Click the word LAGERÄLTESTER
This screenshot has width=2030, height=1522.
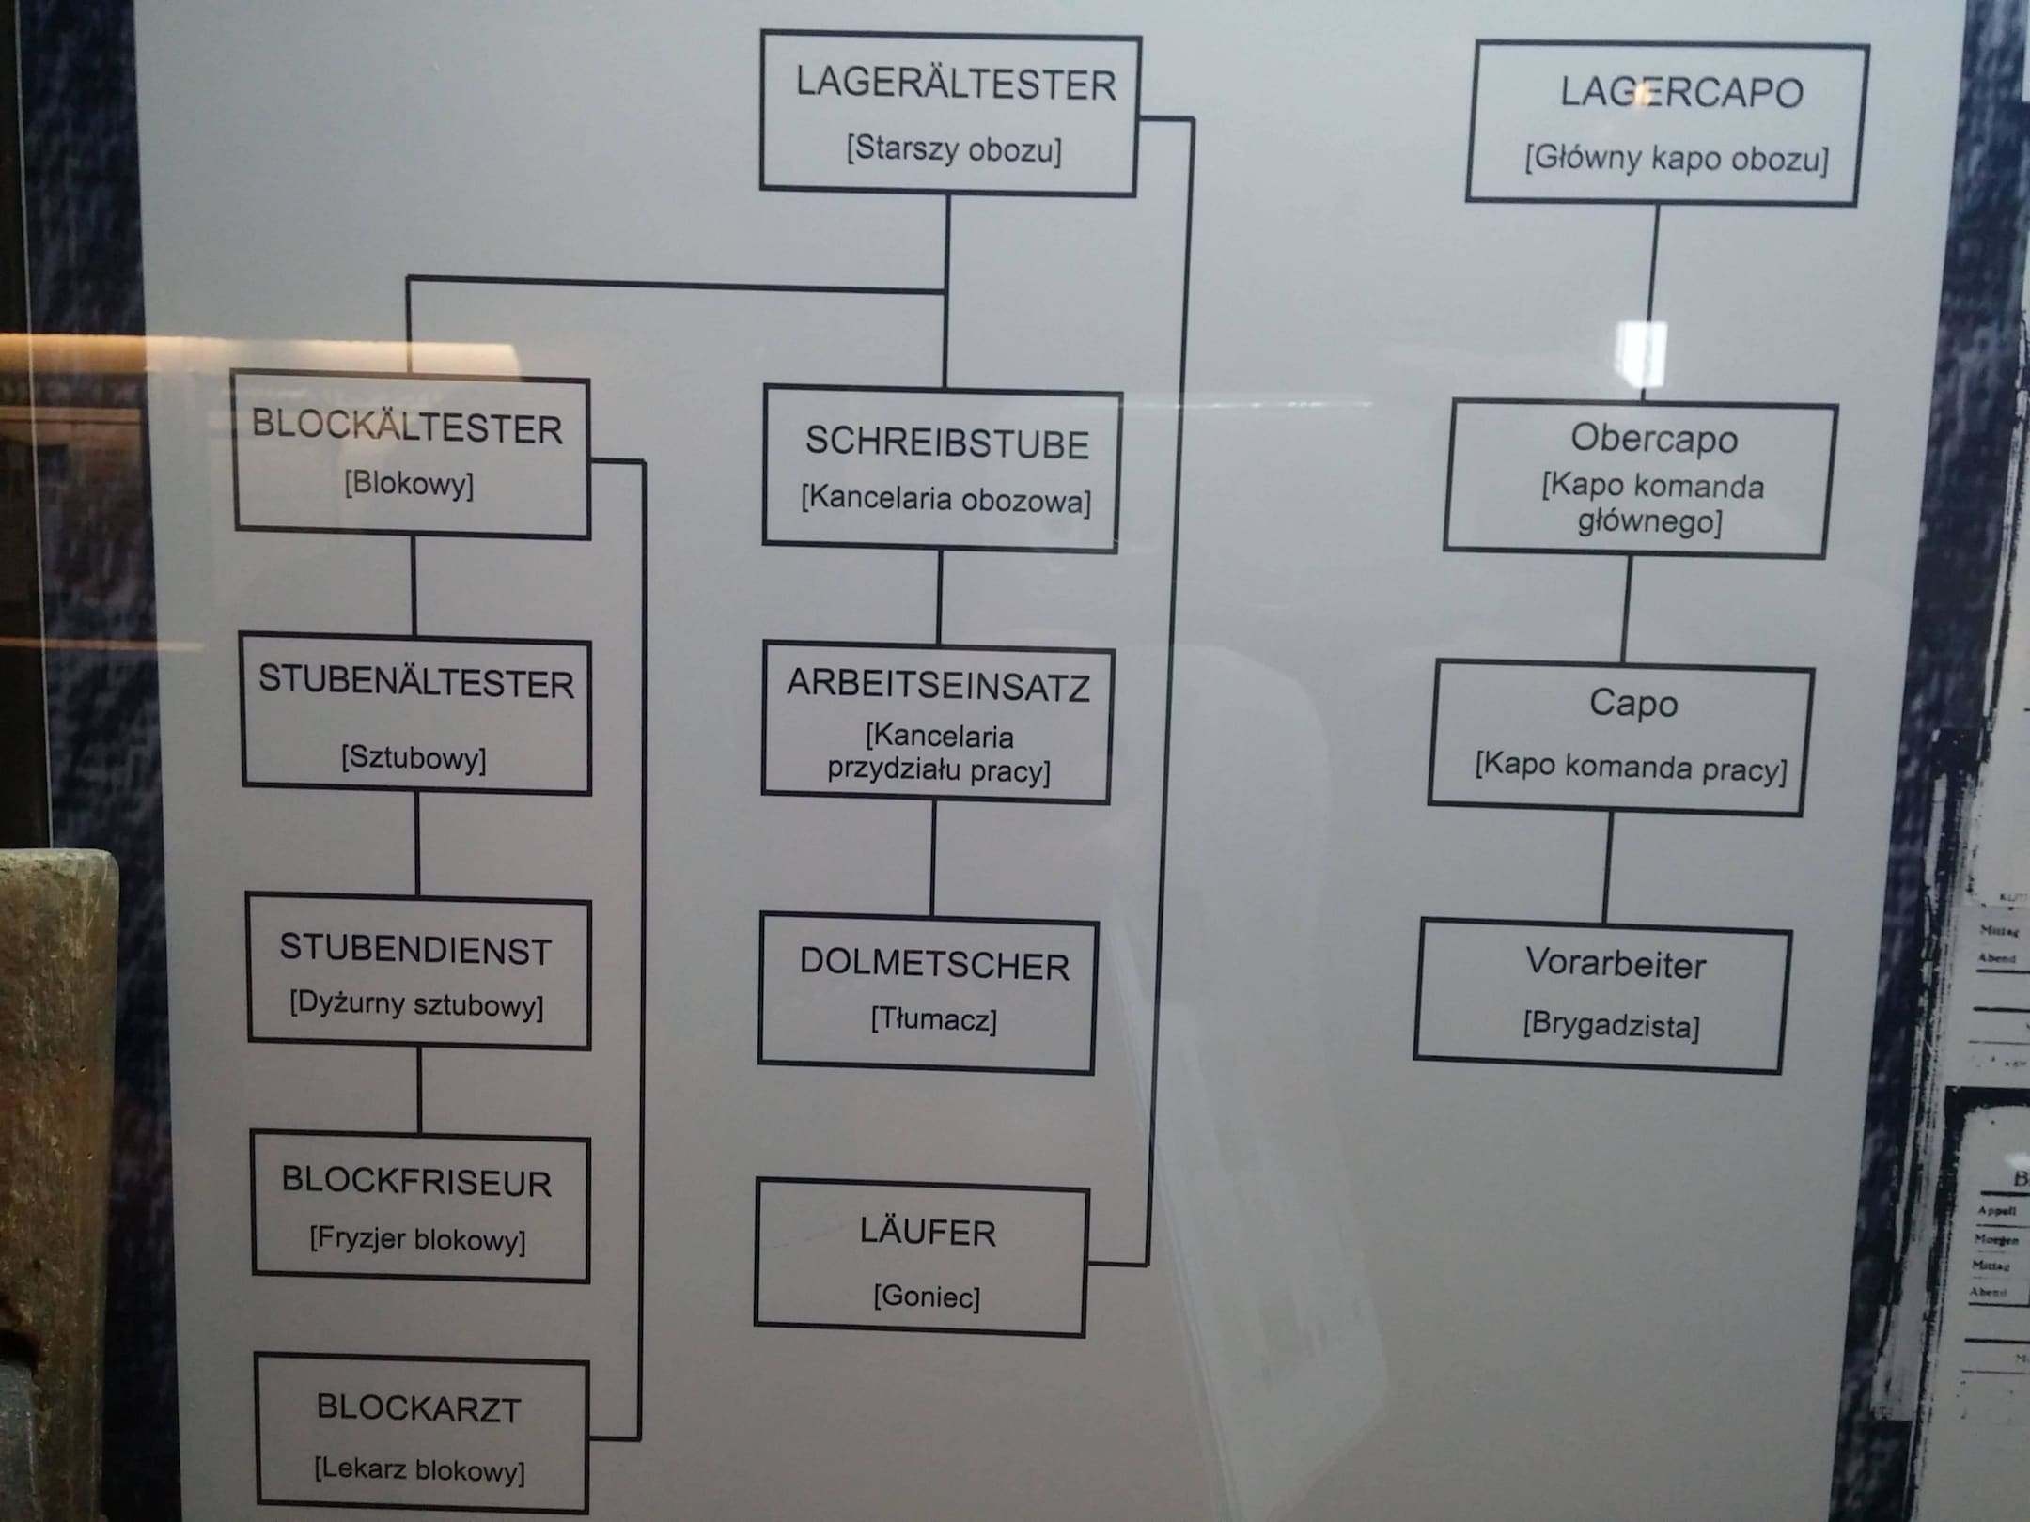click(x=956, y=85)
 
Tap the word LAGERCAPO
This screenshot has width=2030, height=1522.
click(x=1681, y=93)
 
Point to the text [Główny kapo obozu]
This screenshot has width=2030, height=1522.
click(x=1677, y=159)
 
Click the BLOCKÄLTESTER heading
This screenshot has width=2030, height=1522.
click(x=407, y=427)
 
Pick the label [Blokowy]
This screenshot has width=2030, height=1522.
click(x=409, y=485)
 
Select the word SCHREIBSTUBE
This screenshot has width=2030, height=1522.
click(x=946, y=443)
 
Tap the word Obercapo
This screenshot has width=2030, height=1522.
click(x=1654, y=439)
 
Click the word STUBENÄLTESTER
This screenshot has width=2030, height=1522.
click(x=416, y=682)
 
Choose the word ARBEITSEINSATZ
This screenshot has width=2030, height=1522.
click(x=939, y=686)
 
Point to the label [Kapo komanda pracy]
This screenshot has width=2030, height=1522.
click(x=1631, y=767)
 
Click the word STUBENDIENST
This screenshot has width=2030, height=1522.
click(x=415, y=950)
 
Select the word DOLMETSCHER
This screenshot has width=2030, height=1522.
click(x=934, y=965)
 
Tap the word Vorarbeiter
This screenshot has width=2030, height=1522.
click(x=1616, y=964)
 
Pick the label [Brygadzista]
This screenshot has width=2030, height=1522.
click(x=1611, y=1025)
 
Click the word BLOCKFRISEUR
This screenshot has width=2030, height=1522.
click(x=416, y=1182)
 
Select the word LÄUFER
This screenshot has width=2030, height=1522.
click(x=928, y=1233)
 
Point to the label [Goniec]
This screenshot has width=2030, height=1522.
click(x=927, y=1297)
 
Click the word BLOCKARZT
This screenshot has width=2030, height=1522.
click(x=418, y=1408)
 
